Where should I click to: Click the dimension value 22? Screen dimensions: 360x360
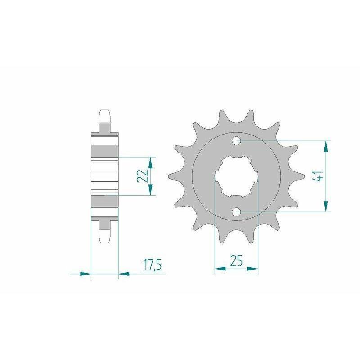pyautogui.click(x=143, y=176)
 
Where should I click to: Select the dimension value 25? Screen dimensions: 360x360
pyautogui.click(x=236, y=261)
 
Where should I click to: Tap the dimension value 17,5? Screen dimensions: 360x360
pyautogui.click(x=153, y=265)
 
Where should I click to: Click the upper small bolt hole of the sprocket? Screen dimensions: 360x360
pyautogui.click(x=237, y=141)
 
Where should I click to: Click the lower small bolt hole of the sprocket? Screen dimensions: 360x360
pyautogui.click(x=237, y=211)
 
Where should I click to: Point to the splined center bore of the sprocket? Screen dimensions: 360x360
pyautogui.click(x=237, y=176)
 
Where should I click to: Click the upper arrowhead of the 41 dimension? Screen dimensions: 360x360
pyautogui.click(x=325, y=147)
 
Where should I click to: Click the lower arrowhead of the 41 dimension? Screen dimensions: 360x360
pyautogui.click(x=325, y=206)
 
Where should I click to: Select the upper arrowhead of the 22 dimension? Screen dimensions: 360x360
pyautogui.click(x=150, y=163)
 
